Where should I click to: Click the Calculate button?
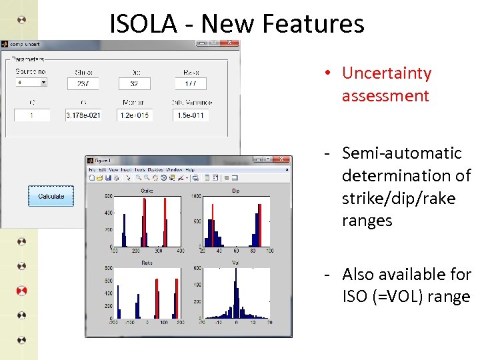(x=51, y=196)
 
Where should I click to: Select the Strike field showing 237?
(x=83, y=83)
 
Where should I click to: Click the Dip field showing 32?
(x=135, y=83)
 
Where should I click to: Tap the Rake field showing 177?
(x=191, y=83)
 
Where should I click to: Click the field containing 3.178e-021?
(x=83, y=115)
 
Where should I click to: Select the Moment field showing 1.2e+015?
(x=135, y=115)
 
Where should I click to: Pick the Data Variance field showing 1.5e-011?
(x=191, y=115)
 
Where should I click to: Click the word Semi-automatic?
(x=401, y=153)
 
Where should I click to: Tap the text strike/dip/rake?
(x=399, y=199)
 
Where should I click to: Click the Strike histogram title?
(x=147, y=191)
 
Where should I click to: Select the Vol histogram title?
(x=235, y=263)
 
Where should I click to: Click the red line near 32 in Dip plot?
(x=213, y=224)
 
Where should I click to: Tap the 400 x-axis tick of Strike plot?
(x=181, y=251)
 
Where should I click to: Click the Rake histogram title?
(x=147, y=263)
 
